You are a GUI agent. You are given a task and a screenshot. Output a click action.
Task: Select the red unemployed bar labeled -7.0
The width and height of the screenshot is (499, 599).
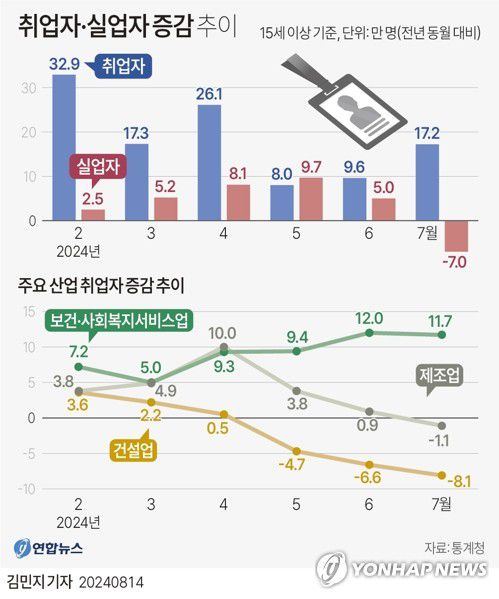tap(457, 236)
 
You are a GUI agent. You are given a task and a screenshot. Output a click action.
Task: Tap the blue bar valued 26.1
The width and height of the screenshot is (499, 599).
tap(209, 162)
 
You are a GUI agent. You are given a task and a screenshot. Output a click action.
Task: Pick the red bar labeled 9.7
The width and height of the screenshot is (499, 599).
tap(311, 198)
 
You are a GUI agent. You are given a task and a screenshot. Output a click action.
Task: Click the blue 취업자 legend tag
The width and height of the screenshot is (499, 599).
tap(121, 68)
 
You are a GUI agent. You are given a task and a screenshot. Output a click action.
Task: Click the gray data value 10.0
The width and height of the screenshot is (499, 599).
tap(223, 333)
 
